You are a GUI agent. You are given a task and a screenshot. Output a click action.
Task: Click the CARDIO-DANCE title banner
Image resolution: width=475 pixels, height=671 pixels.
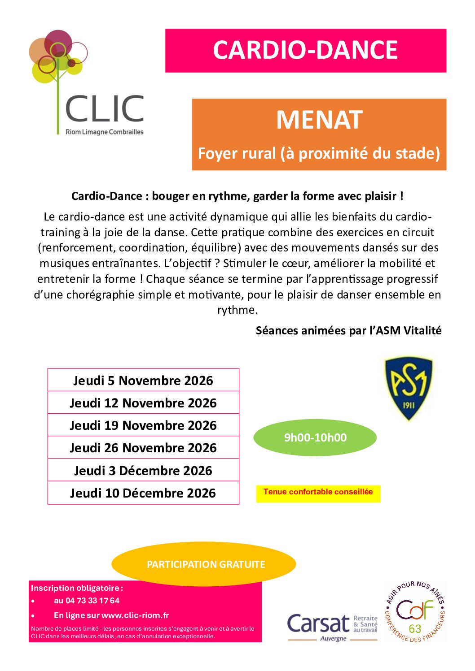[305, 50]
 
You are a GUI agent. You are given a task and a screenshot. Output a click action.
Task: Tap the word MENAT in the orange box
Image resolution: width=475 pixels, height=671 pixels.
[319, 120]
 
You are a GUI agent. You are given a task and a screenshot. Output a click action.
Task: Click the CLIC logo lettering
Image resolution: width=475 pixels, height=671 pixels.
[105, 109]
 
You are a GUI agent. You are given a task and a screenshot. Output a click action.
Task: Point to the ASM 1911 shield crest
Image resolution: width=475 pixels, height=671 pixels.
[409, 388]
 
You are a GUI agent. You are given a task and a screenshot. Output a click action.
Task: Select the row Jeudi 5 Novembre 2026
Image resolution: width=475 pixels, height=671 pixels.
[143, 381]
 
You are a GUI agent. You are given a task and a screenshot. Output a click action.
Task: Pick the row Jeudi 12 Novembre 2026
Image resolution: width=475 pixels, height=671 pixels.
[143, 403]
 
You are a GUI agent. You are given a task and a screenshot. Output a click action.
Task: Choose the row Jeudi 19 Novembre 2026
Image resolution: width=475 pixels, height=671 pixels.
[143, 425]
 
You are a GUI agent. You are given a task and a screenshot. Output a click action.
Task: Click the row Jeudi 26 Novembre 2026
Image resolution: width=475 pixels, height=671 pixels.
[143, 448]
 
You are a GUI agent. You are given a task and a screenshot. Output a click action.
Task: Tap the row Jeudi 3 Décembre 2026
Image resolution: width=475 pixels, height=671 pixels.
[143, 471]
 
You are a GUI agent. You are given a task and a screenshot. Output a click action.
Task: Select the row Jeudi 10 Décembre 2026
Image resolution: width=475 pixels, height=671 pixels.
[143, 493]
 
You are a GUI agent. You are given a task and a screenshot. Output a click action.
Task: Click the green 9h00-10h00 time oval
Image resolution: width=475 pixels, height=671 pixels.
[315, 437]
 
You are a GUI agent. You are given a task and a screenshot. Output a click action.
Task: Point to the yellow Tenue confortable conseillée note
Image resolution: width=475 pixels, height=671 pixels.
[318, 492]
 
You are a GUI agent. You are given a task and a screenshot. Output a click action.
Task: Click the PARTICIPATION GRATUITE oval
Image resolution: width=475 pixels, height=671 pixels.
[206, 564]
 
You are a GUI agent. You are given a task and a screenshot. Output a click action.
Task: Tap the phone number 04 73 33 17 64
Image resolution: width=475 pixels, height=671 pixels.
[92, 601]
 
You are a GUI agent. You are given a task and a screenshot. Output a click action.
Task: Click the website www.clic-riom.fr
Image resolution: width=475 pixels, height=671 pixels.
[135, 615]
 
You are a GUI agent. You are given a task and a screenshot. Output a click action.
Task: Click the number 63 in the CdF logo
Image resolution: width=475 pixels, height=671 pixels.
[414, 628]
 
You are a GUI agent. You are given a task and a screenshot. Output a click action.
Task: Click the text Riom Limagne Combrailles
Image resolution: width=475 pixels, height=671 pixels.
[105, 132]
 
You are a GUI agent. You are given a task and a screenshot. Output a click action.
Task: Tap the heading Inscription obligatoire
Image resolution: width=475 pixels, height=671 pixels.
[76, 588]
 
